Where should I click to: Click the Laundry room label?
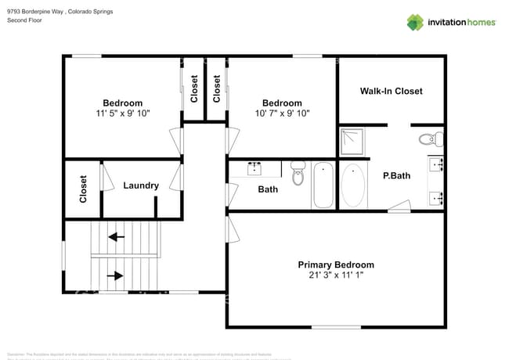coord(141,185)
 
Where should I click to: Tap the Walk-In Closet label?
coord(391,91)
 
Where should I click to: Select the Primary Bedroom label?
coord(335,265)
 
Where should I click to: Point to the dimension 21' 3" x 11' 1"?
coord(335,275)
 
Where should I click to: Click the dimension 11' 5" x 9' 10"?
coord(123,113)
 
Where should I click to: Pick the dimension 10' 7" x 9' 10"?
coord(282,113)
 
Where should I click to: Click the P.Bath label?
coord(396,176)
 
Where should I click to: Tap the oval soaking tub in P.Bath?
coord(353,185)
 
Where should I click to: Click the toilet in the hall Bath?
coord(298,174)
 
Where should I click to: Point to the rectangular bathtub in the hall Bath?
coord(323,185)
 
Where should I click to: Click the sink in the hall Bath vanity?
coord(255,167)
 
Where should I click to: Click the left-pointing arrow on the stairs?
coord(117,236)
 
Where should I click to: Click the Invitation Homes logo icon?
coord(415,22)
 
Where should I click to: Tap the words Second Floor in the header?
coord(24,20)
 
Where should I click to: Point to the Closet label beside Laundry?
coord(83,189)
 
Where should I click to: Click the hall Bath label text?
coord(268,189)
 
